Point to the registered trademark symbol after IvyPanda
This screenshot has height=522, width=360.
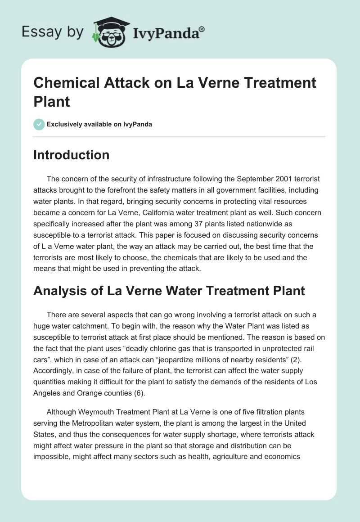tap(202, 29)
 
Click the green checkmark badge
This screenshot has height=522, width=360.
tap(39, 124)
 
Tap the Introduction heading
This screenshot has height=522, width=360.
tap(71, 155)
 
